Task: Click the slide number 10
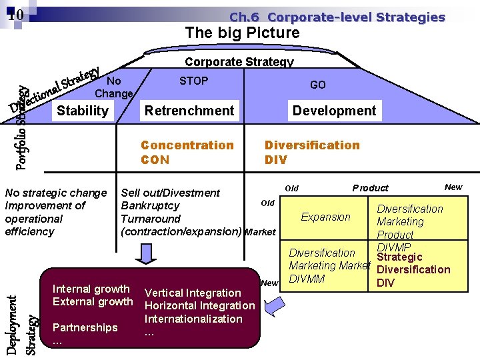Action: coord(17,15)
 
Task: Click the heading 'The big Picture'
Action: coord(242,33)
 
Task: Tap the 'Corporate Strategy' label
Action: coord(239,62)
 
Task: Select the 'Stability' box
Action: coord(83,111)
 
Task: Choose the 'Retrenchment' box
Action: coord(189,111)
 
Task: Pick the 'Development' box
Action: coord(334,111)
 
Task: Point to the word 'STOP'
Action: coord(193,81)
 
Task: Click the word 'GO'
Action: coord(318,85)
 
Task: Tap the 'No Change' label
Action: coord(115,87)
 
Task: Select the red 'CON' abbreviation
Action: coord(155,160)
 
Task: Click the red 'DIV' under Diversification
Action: coord(275,160)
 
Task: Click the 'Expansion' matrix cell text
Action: coord(325,217)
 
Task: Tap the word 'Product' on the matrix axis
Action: coord(370,188)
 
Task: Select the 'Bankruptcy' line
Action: coord(150,205)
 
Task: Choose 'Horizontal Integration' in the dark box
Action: coord(199,305)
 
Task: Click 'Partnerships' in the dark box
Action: coord(85,327)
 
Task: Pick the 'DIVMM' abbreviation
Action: coord(307,279)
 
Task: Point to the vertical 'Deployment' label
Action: coord(13,325)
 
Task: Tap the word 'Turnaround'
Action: coord(150,219)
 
